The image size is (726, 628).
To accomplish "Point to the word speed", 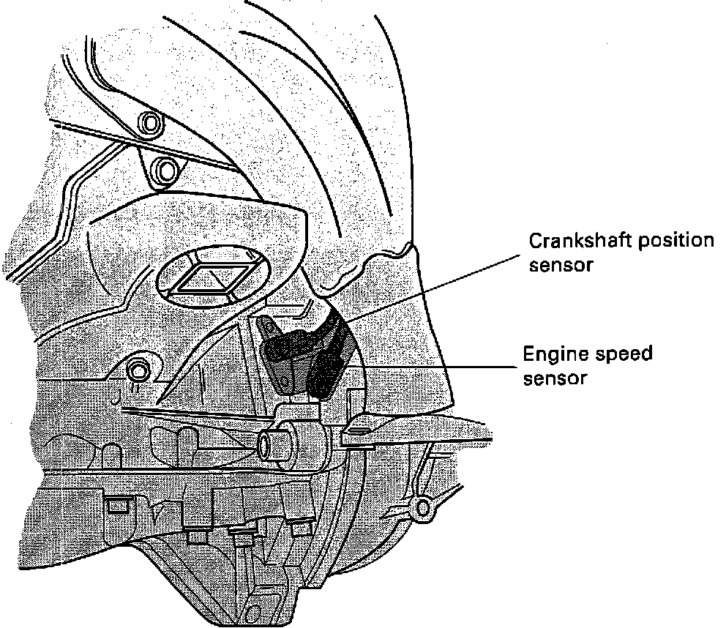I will click(623, 356).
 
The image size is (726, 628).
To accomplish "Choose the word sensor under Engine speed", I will click(553, 378).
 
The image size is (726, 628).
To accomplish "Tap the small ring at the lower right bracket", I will click(423, 507).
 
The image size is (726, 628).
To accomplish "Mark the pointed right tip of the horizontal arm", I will click(487, 423).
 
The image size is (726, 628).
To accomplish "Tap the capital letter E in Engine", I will click(528, 355).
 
